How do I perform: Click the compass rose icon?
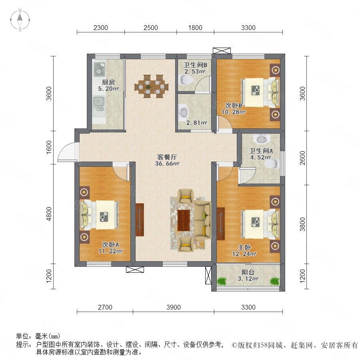click(20, 20)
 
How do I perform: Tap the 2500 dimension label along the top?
click(151, 28)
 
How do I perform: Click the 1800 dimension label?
click(195, 28)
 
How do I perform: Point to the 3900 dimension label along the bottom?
click(174, 307)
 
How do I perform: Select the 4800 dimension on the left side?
click(49, 214)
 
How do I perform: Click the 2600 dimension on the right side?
click(303, 158)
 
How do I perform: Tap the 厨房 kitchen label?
click(108, 82)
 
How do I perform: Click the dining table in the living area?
click(151, 86)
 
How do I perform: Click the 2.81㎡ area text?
click(197, 123)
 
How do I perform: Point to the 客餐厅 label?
click(167, 157)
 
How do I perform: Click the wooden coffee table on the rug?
click(184, 220)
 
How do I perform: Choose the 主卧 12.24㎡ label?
click(244, 250)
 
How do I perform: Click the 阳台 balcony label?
click(248, 272)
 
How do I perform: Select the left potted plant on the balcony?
click(222, 281)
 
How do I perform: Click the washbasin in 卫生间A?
click(261, 139)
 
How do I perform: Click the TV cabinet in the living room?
click(140, 220)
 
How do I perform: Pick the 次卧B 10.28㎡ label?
click(234, 108)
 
